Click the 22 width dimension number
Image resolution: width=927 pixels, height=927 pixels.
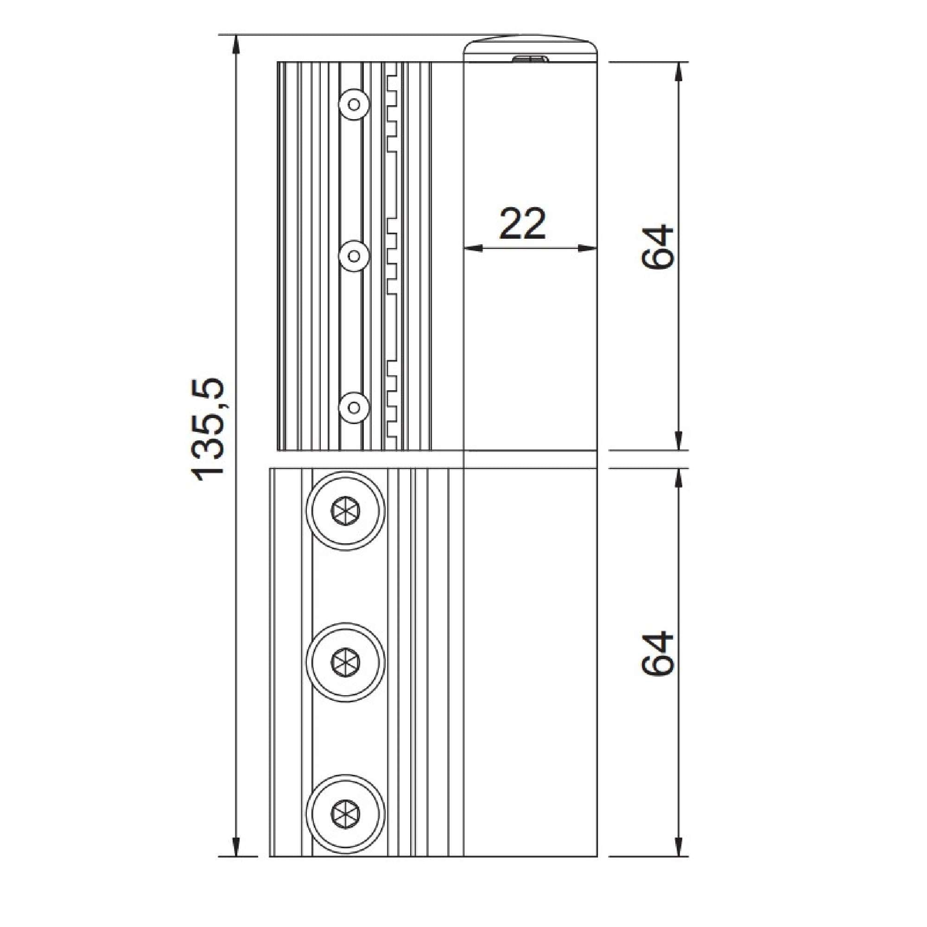[x=522, y=224]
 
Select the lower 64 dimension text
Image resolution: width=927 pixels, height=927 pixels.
[x=657, y=654]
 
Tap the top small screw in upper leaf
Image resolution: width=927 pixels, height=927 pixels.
[x=354, y=104]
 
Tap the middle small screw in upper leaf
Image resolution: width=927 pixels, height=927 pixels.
[x=354, y=256]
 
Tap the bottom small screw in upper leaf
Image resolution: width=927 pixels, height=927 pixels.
[x=354, y=407]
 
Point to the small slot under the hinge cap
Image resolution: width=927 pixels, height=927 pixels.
[x=530, y=58]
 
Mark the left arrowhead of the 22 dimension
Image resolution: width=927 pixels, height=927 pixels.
[x=473, y=248]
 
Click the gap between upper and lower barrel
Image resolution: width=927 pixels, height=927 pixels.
[x=530, y=459]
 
